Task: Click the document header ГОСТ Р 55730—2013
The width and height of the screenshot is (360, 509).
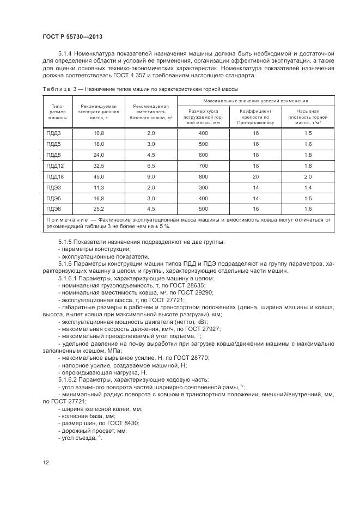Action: [x=72, y=36]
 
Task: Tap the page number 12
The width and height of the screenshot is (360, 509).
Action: [x=46, y=463]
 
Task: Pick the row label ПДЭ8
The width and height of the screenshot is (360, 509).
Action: [x=54, y=209]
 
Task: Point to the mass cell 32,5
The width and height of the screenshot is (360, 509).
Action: [x=99, y=165]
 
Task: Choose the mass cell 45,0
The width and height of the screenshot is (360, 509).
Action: [x=99, y=176]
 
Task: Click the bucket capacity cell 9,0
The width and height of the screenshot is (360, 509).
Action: [x=151, y=176]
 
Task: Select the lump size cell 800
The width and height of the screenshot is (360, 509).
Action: [x=204, y=176]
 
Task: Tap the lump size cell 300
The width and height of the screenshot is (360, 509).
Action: [x=204, y=187]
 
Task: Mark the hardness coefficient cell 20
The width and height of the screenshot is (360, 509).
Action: [x=255, y=176]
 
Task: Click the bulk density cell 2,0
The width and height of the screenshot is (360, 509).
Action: [x=308, y=176]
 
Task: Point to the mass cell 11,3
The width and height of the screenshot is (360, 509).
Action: [x=99, y=187]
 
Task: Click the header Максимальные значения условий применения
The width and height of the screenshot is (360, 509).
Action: [x=255, y=101]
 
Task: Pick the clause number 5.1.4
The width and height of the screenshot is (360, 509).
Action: [x=66, y=53]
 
